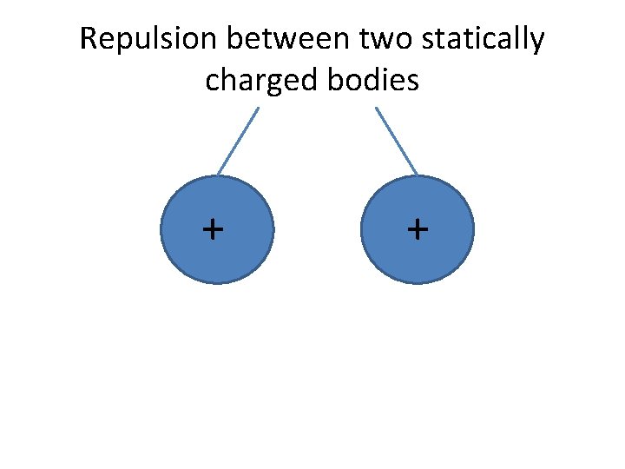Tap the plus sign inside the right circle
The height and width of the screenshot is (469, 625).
coord(418,229)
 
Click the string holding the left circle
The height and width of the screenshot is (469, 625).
coord(238,141)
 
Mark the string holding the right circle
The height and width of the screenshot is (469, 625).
coord(397,141)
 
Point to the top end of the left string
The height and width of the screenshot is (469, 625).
coord(259,108)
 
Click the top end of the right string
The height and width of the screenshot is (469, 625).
coord(376,108)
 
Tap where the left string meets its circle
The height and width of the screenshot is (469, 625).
coord(218,175)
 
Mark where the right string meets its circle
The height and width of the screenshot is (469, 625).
coord(418,175)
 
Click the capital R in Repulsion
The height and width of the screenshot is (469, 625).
coord(88,40)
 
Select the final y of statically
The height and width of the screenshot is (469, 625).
coord(537,43)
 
